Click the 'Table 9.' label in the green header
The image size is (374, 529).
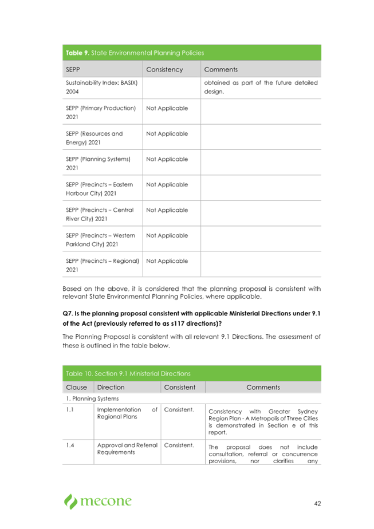coord(77,53)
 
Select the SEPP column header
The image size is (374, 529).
coord(73,70)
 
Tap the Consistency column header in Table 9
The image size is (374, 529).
coord(164,70)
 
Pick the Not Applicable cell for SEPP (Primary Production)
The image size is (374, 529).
coord(167,108)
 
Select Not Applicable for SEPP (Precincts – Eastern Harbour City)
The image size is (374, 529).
coord(167,185)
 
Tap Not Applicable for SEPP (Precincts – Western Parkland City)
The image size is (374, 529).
coord(167,235)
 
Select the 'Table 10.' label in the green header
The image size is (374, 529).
coord(79,374)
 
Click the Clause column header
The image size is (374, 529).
coord(77,388)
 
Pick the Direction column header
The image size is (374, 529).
coord(111,388)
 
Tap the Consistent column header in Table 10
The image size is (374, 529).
coord(179,388)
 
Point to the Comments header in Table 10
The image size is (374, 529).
coord(263,388)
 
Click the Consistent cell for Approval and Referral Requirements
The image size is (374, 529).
coord(179,445)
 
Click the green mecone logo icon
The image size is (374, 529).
coord(70,502)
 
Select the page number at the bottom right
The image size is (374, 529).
coord(317,504)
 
